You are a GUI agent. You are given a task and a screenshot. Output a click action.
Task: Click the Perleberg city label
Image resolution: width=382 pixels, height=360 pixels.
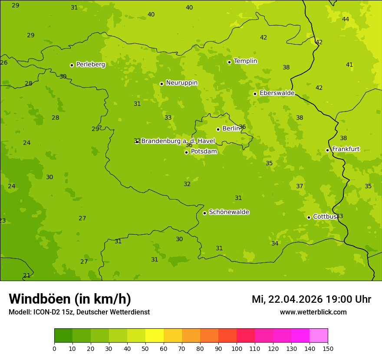tap(90, 65)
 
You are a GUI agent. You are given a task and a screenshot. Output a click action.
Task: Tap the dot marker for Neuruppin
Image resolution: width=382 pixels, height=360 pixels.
tap(161, 84)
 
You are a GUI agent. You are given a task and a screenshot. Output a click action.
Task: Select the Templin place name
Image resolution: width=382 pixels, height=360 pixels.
tap(245, 61)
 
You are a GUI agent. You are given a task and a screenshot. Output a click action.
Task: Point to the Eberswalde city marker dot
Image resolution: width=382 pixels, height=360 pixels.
tap(255, 94)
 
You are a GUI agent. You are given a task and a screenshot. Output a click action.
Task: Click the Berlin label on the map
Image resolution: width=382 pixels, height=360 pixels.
tap(231, 129)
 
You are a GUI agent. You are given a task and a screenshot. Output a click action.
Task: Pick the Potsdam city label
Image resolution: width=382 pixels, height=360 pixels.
tap(204, 152)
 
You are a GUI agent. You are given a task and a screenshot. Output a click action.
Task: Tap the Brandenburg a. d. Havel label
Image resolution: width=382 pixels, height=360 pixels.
tap(178, 141)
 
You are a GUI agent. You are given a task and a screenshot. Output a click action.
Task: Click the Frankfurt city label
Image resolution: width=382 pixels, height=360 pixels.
tap(346, 149)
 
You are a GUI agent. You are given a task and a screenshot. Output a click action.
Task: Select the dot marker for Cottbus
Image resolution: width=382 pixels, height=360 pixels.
tap(309, 217)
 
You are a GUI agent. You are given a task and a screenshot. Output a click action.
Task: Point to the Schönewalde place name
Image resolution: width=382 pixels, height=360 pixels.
tap(229, 212)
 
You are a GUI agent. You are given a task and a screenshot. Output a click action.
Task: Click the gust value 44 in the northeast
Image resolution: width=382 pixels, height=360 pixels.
tap(346, 19)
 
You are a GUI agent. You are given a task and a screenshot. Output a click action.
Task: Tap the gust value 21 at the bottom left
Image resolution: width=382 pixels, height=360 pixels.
tap(27, 275)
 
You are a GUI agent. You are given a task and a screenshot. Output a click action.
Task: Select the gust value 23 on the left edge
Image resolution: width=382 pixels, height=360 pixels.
tap(3, 221)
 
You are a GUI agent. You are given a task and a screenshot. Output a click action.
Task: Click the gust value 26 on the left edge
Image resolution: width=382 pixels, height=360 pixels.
tap(4, 63)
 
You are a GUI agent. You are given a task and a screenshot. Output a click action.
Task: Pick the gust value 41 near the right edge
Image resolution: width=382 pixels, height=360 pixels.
tap(349, 65)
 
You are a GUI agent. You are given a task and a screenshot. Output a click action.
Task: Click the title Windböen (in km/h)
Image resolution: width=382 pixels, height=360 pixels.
tap(70, 299)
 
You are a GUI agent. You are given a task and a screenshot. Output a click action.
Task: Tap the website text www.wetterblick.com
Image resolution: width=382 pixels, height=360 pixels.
tap(313, 312)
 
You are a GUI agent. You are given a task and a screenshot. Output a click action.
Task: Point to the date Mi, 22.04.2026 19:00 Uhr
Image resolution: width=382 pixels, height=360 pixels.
tap(311, 299)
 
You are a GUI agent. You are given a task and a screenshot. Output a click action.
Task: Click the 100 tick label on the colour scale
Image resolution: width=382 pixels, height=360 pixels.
tap(237, 348)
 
